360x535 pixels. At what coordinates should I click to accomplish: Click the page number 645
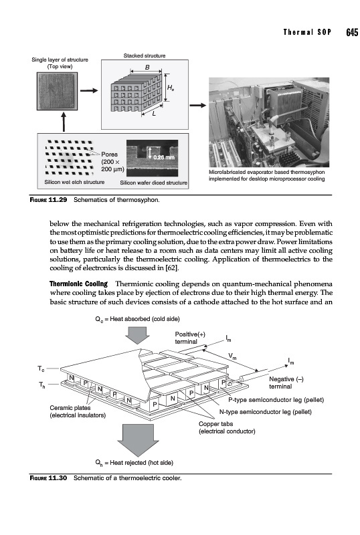tap(352, 32)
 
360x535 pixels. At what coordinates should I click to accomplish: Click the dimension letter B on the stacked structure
tap(147, 68)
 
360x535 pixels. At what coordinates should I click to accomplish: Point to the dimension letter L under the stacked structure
tap(154, 114)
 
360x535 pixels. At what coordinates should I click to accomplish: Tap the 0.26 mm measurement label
tap(164, 157)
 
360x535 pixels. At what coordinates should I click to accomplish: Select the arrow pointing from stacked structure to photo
tap(198, 106)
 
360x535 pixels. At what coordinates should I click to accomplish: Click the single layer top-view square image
tap(57, 91)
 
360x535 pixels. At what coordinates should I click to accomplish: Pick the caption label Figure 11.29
tap(48, 199)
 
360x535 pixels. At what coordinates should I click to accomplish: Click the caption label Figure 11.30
tap(48, 478)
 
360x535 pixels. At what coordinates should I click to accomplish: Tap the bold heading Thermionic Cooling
tap(78, 284)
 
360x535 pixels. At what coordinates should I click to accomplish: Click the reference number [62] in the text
tap(172, 268)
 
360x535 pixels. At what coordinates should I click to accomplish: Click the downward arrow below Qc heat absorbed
tap(137, 335)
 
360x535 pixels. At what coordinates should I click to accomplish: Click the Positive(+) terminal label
tap(190, 338)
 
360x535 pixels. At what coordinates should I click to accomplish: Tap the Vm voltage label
tap(232, 356)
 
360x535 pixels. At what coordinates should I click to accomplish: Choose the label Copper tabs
tap(216, 424)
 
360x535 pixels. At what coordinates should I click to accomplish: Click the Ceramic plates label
tap(70, 408)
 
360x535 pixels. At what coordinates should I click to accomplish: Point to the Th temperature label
tap(42, 385)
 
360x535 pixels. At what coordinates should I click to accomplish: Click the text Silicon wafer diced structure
tap(154, 183)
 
